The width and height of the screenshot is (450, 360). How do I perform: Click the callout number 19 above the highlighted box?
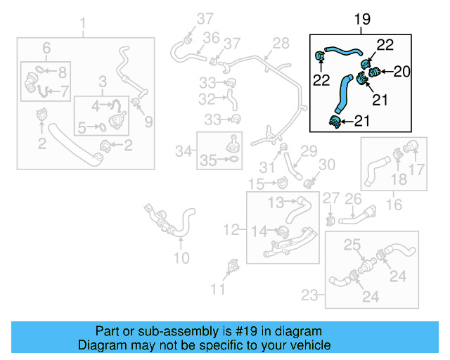click(x=361, y=19)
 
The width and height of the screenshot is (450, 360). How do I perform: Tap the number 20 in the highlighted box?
click(x=401, y=70)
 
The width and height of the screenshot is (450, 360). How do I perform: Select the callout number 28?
click(x=281, y=44)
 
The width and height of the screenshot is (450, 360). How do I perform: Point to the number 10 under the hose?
click(x=181, y=258)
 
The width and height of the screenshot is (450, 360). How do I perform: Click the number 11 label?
click(x=219, y=288)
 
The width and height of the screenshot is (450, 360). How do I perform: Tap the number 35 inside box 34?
click(x=207, y=160)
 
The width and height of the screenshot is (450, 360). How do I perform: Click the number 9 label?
click(x=148, y=122)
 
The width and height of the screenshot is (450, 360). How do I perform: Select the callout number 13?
click(x=276, y=202)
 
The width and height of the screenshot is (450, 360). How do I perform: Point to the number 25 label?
click(x=352, y=245)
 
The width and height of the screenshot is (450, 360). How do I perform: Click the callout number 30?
click(x=328, y=165)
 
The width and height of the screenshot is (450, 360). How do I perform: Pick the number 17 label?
click(x=418, y=169)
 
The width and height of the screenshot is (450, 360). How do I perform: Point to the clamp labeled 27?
click(x=330, y=221)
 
